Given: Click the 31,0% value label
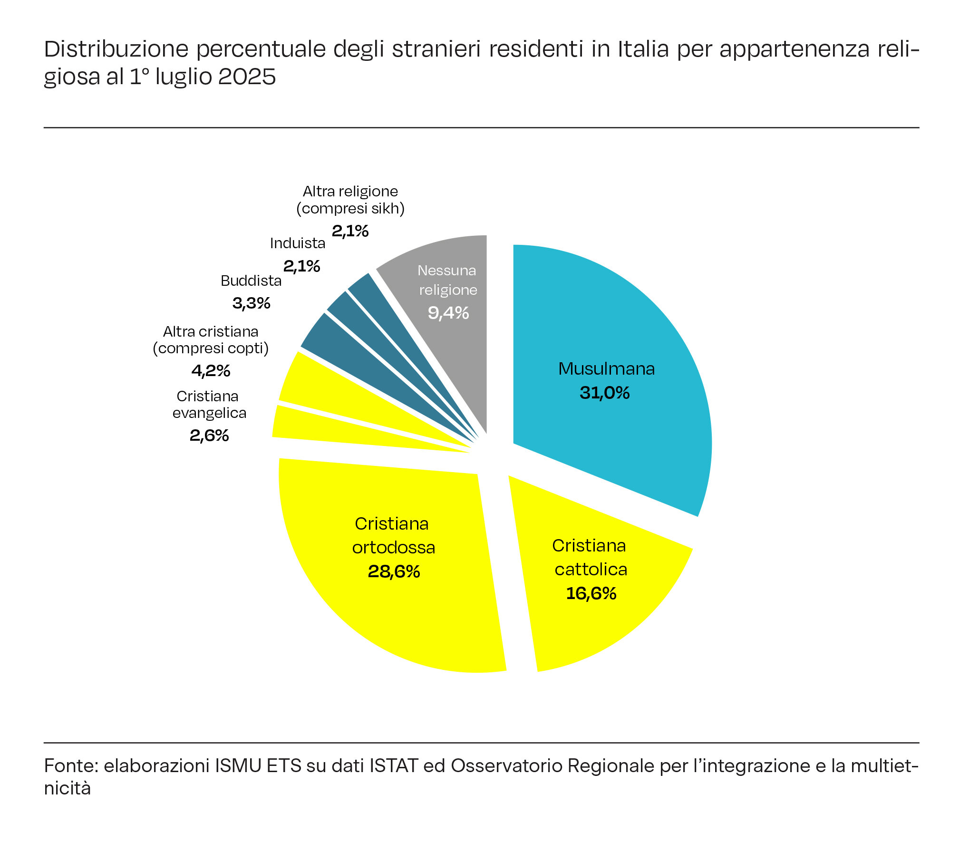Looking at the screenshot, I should pos(604,393).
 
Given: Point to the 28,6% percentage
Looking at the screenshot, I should pos(394,571).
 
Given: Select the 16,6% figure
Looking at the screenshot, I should pos(591,593).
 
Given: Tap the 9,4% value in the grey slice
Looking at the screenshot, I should pos(448,313).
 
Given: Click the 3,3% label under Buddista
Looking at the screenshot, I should pos(251,303).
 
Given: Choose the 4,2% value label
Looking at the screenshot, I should pos(211,370).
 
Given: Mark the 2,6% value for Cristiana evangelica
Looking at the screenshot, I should pos(209,435).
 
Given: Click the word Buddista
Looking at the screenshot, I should pos(251,281).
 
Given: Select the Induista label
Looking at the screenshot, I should pos(298,243).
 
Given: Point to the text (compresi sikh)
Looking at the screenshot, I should pos(350,208).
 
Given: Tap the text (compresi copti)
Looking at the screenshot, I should pos(211,348).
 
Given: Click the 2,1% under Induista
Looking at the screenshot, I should pos(301,266).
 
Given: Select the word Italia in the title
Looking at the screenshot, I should pos(643,49).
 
